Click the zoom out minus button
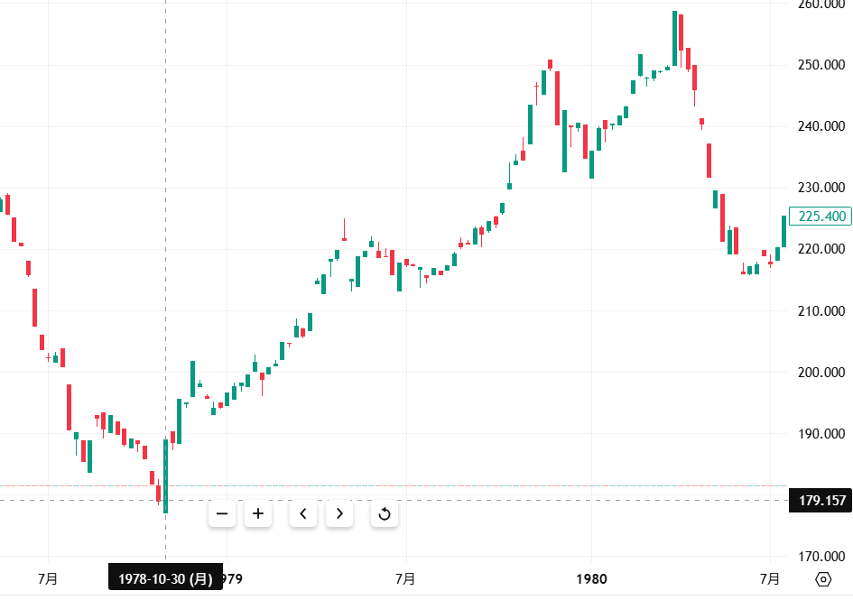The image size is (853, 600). point(221,514)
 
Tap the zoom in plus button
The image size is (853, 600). point(258,514)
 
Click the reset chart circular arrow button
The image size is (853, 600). point(385,514)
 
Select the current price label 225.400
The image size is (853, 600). point(821,217)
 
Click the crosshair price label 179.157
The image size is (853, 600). point(821,500)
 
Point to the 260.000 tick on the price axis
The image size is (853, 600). point(821,5)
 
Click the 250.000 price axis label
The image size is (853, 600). point(821,65)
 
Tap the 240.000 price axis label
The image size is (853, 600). point(821,126)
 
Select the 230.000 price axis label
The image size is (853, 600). point(821,188)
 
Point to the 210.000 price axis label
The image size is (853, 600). point(821,310)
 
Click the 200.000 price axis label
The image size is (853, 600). point(821,372)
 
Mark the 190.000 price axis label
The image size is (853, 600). point(821,433)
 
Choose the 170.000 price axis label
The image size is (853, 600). point(821,556)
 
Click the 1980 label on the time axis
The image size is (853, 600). point(591,578)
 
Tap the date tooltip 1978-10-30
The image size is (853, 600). point(165,578)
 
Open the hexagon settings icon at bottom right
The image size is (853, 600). point(823,579)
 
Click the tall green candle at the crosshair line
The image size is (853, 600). point(165,475)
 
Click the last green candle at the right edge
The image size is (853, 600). point(783,232)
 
